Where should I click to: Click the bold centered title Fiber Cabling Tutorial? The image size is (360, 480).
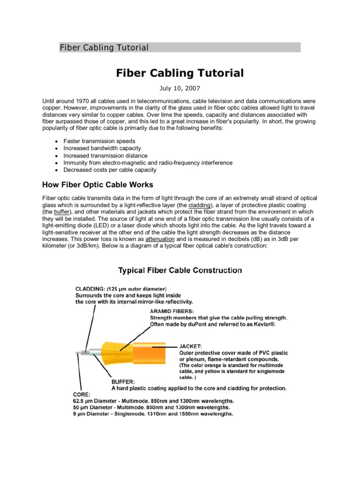coord(180,73)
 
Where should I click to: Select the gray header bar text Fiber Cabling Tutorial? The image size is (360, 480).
coord(104,47)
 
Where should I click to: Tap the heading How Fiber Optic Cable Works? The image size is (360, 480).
coord(97,184)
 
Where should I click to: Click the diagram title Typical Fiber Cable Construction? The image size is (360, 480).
coord(180,270)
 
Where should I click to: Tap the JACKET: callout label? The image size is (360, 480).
coord(191,346)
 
